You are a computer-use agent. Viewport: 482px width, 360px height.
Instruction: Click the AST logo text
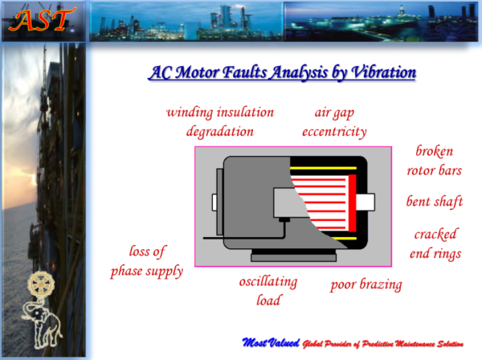(43, 20)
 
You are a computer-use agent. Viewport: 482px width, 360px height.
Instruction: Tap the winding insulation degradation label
(220, 122)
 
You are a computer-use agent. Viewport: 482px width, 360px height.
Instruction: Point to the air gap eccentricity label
(334, 122)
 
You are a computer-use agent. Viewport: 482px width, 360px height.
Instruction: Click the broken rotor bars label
(435, 161)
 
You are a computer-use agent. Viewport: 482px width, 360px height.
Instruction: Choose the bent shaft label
(435, 202)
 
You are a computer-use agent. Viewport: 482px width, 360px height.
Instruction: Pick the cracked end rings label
(435, 243)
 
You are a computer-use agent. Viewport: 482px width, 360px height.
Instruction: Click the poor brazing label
(366, 284)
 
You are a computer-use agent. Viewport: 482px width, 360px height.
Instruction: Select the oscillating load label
(268, 291)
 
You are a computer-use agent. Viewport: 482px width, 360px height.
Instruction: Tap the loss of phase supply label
(147, 262)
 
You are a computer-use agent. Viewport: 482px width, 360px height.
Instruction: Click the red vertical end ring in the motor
(353, 203)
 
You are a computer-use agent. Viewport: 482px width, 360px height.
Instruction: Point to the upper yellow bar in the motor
(323, 168)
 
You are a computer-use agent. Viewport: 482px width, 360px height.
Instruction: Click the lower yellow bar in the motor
(345, 238)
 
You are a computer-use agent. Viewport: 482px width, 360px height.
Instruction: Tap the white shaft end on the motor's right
(366, 202)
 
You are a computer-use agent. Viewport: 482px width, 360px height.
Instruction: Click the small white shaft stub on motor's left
(214, 202)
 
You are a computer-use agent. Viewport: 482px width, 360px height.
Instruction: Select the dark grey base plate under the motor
(293, 258)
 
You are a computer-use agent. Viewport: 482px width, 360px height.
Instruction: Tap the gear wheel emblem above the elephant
(41, 284)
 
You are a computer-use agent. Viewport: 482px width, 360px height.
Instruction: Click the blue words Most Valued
(271, 342)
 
